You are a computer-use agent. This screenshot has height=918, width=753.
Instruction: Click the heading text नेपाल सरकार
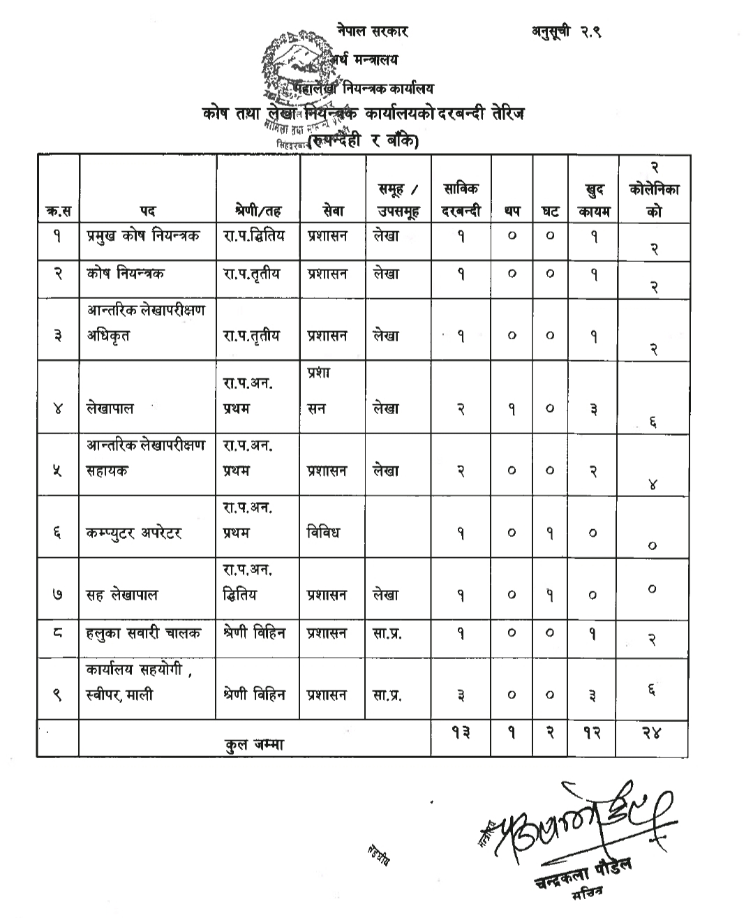coord(372,31)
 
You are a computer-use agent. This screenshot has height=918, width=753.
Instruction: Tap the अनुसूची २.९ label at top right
coord(565,31)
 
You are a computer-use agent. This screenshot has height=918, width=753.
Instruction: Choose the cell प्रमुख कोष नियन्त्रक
coord(143,236)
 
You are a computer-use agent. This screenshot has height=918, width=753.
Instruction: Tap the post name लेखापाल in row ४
coord(110,409)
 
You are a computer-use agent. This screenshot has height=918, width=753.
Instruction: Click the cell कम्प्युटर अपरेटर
coord(134,533)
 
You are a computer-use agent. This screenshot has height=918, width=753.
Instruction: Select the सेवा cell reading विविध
coord(324,533)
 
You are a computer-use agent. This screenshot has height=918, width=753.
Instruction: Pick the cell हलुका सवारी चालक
coord(144,633)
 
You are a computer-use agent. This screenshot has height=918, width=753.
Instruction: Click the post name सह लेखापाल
coord(122,595)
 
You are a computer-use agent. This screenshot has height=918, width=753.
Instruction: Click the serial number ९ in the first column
coord(58,695)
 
